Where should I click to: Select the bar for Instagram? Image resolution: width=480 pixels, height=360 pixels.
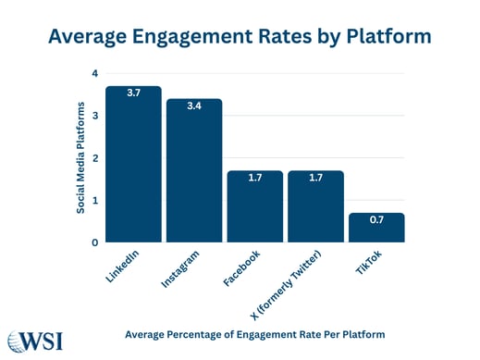point(194,171)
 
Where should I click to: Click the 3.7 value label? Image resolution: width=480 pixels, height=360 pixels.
point(133,94)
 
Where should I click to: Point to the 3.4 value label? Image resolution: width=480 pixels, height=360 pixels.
point(194,107)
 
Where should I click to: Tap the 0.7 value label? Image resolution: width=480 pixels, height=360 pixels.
point(376,221)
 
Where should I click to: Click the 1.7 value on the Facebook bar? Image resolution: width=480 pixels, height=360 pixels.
point(254,179)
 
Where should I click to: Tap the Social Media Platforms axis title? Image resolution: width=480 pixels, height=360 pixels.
point(80,157)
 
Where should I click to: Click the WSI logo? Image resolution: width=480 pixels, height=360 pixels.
point(37,340)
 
